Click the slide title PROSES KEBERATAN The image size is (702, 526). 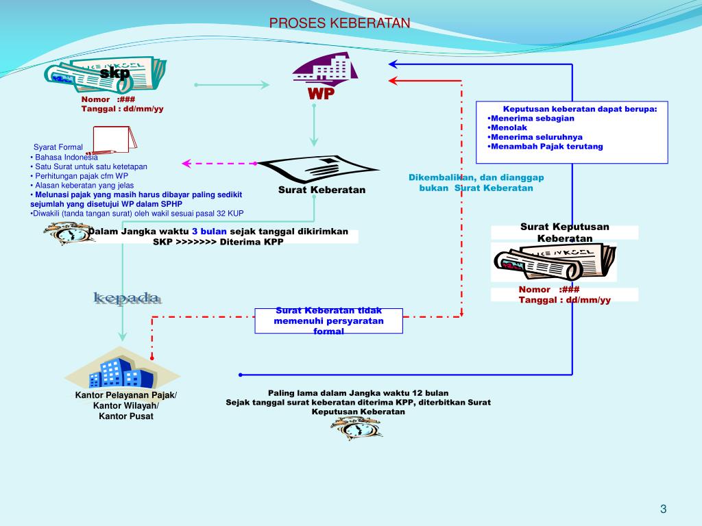[339, 23]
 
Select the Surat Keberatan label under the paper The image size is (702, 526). [322, 190]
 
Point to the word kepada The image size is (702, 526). [128, 298]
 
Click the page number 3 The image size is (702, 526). [663, 508]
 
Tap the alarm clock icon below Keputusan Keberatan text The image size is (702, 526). [356, 428]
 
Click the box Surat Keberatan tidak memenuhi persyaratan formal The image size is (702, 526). [328, 321]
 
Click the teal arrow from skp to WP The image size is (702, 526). [232, 85]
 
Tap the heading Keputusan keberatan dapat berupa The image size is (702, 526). [579, 109]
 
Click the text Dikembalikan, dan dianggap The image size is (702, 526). [476, 177]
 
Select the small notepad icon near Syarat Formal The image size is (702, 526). [114, 140]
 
